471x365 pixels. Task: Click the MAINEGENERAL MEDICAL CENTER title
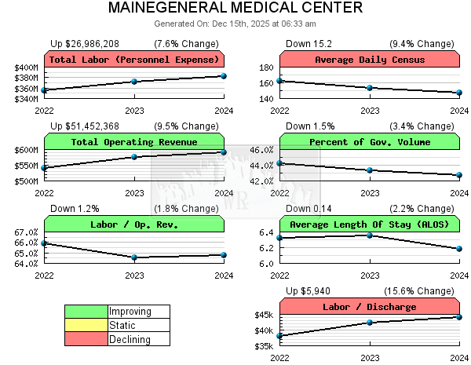(235, 8)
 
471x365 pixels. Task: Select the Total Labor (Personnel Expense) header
(134, 60)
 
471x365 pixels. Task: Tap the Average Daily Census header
(370, 60)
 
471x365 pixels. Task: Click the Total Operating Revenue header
(134, 142)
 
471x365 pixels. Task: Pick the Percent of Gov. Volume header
(370, 142)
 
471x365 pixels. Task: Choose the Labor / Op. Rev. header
(134, 224)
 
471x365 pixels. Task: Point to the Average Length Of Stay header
(370, 224)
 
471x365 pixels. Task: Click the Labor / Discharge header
(370, 307)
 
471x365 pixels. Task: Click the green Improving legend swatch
(86, 312)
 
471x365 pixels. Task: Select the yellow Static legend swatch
(86, 325)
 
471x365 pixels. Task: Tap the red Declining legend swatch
(86, 339)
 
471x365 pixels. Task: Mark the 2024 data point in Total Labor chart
(224, 76)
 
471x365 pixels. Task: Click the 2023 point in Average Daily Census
(370, 88)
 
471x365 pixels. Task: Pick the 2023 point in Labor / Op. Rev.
(134, 257)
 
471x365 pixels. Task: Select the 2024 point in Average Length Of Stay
(459, 249)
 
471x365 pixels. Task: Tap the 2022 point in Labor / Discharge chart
(280, 336)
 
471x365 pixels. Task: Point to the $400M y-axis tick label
(26, 68)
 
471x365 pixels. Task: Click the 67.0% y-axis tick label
(26, 232)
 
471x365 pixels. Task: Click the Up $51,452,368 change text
(85, 126)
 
